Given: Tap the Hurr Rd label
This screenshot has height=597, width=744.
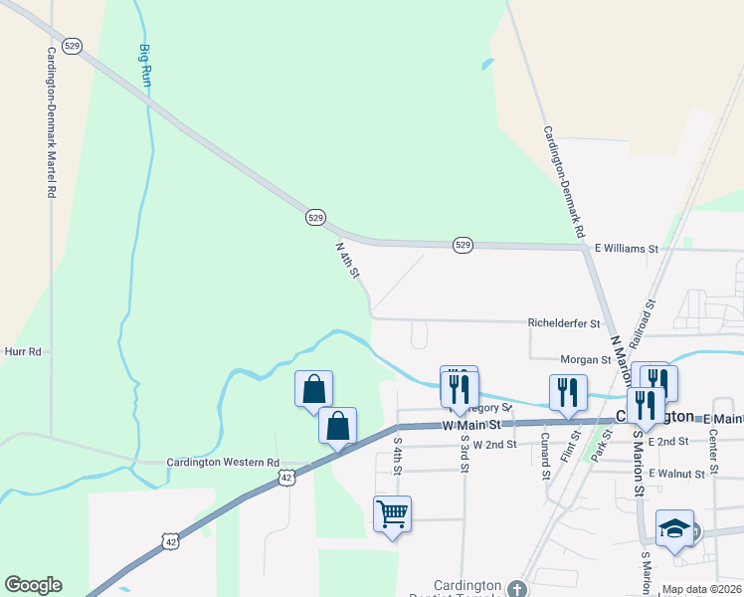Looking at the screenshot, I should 21,351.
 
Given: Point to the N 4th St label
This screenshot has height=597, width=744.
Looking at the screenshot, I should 346,258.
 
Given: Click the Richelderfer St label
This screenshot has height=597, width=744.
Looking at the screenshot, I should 564,323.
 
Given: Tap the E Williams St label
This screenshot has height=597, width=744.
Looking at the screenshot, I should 627,248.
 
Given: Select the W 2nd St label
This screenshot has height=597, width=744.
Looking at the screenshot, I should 494,444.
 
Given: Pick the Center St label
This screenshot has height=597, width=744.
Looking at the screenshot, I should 713,456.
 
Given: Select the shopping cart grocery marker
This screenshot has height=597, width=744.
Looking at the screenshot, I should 392,514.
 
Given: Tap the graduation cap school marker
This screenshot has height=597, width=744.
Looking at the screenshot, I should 674,528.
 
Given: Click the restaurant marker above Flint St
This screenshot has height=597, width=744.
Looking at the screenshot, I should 568,391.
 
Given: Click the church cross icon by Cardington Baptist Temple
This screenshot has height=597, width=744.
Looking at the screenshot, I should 515,589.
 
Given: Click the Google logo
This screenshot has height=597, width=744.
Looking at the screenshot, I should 33,585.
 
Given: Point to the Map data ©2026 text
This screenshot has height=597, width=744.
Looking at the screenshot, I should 701,589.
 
